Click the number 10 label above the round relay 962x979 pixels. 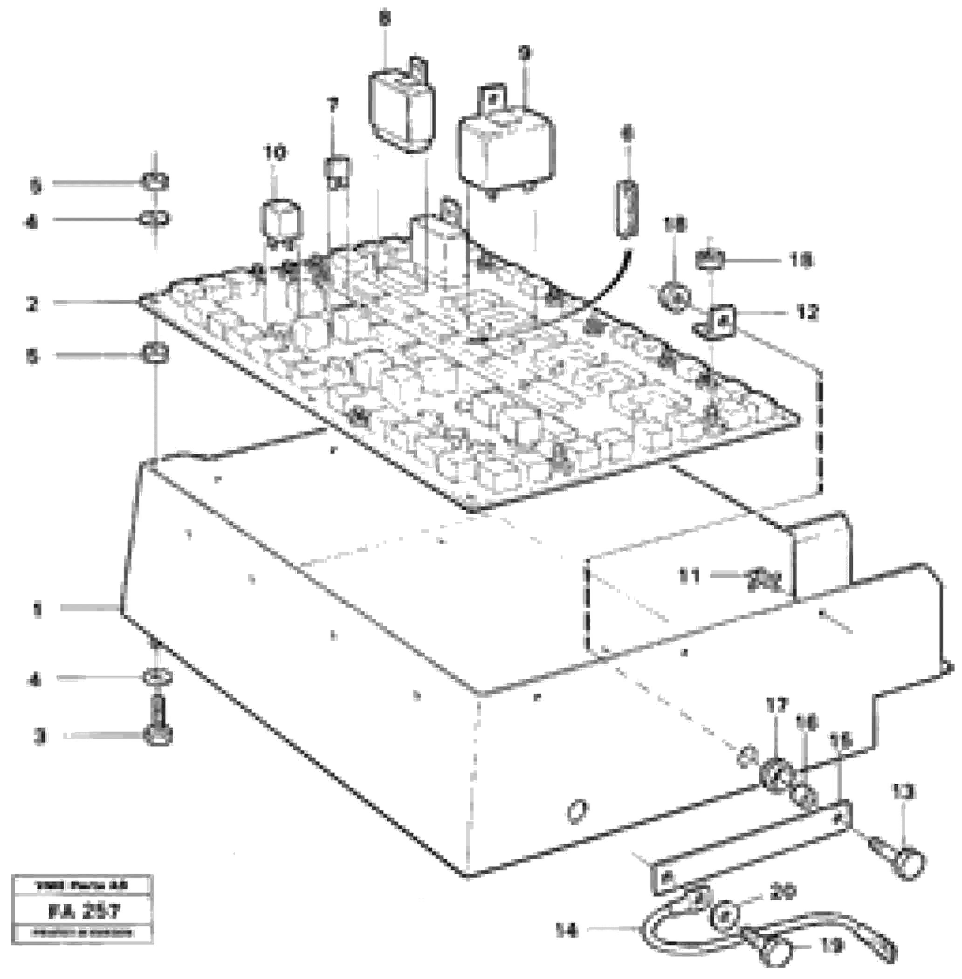point(275,152)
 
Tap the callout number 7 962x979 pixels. point(332,106)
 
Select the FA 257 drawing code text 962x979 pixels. point(83,912)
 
